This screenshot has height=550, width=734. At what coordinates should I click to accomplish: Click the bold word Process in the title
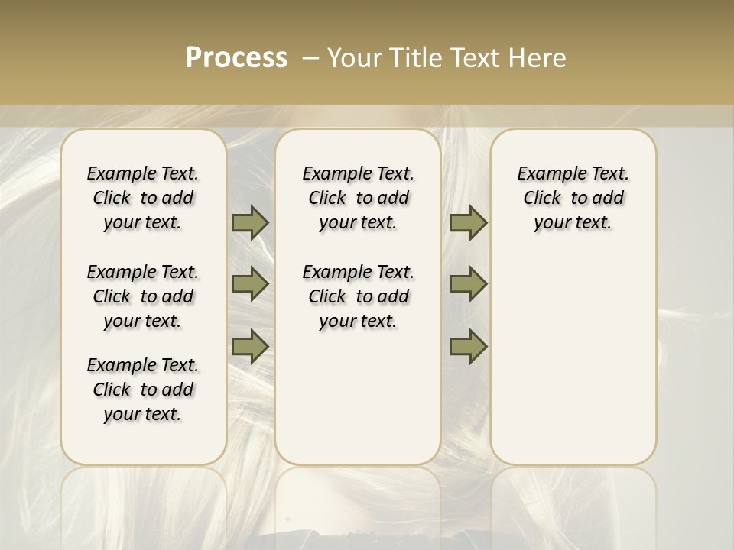point(236,58)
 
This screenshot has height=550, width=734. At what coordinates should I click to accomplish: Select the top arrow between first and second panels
point(250,222)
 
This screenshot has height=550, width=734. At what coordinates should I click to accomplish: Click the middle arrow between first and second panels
point(250,284)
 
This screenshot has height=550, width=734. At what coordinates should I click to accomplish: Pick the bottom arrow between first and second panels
point(250,346)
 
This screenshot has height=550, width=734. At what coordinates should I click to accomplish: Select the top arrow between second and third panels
point(468,222)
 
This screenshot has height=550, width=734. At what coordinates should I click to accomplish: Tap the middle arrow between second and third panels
point(468,284)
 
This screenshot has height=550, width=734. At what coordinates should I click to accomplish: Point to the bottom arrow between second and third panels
point(468,346)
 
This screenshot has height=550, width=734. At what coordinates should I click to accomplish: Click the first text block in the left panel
point(143,198)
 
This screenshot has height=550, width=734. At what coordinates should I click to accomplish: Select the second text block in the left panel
point(143,296)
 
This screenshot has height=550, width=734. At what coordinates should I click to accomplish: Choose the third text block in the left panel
point(143,390)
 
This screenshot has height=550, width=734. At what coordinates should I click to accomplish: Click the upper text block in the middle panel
point(358,198)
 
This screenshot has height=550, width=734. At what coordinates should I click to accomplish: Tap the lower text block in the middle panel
point(358,296)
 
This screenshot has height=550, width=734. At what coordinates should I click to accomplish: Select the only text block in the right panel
point(573,198)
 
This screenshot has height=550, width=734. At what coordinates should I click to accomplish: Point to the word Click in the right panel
point(542,199)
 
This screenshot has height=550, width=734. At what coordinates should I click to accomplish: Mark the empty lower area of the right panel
point(573,359)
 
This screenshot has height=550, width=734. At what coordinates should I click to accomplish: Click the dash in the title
point(310,58)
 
